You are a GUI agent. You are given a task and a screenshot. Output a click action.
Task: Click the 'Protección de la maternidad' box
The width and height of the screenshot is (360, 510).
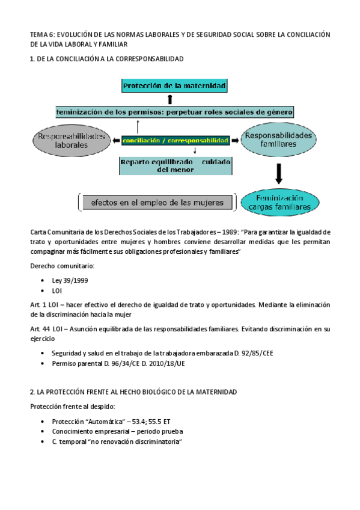point(174,87)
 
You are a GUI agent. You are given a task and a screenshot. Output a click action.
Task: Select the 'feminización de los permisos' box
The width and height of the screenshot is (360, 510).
point(174,112)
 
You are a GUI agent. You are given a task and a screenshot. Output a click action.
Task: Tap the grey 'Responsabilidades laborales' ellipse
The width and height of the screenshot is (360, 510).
point(72,140)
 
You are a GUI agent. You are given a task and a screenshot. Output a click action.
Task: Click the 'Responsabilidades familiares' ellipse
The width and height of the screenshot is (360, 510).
point(278,140)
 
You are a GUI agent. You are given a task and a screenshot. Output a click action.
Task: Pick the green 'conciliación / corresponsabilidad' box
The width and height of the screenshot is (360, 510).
point(175,140)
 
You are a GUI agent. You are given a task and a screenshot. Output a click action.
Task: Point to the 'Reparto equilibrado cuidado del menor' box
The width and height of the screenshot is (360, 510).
point(175,166)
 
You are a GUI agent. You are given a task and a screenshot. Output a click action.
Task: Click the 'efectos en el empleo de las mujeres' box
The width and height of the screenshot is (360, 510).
point(157,203)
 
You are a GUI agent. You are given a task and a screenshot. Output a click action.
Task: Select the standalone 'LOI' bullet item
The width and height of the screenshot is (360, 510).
point(57,290)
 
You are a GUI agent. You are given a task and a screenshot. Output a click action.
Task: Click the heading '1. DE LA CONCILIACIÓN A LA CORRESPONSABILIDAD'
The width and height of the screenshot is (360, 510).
point(106,59)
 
